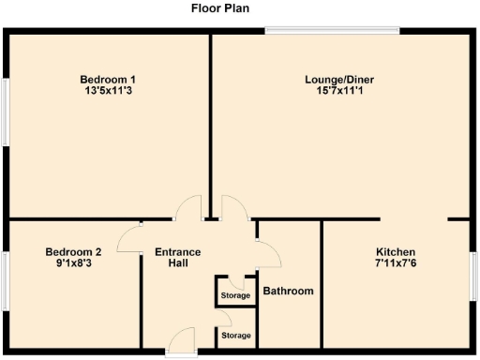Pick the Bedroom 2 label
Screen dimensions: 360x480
(73, 251)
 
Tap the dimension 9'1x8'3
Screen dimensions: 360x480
(73, 263)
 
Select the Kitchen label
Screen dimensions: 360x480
(396, 251)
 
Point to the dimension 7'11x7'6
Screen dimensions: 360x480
(396, 263)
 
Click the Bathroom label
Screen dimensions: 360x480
(288, 291)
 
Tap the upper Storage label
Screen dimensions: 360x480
(235, 296)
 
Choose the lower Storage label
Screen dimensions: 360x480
(235, 335)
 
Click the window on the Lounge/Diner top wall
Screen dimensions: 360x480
(332, 32)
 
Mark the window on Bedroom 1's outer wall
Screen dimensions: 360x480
(6, 112)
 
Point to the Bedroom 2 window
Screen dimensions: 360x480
(6, 280)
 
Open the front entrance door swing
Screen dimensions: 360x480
(183, 341)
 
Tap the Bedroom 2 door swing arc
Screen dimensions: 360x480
(129, 241)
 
